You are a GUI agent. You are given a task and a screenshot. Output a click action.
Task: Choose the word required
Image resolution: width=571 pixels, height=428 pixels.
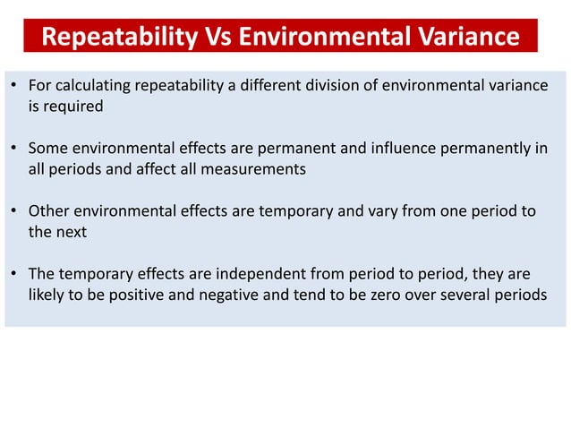pos(73,106)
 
